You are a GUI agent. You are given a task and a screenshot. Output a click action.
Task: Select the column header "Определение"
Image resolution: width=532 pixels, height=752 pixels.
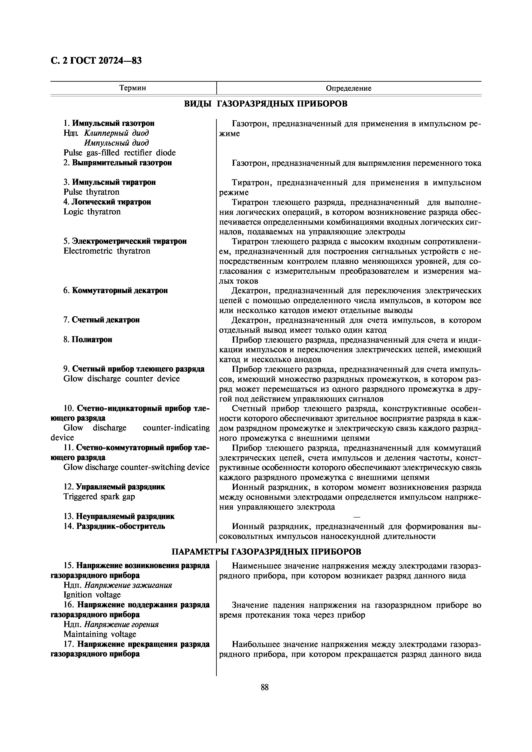coord(349,88)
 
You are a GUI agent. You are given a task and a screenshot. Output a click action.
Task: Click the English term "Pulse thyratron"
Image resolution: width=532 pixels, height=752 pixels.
coord(91,192)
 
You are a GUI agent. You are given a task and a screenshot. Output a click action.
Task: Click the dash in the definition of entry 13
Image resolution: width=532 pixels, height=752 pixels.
coord(357,517)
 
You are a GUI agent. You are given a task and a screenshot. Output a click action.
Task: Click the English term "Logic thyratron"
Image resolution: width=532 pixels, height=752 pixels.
coord(92,212)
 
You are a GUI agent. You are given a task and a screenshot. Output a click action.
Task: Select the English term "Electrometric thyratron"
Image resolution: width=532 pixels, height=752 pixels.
coord(107,251)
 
